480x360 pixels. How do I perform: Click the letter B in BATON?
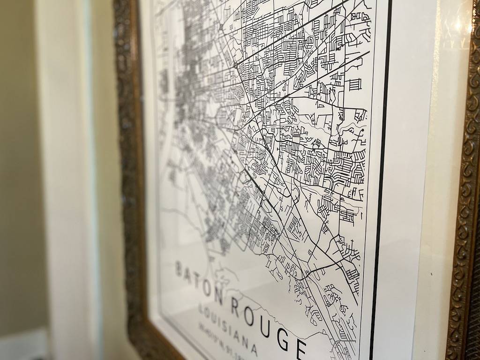click(x=179, y=269)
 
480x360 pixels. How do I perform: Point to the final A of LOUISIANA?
click(x=254, y=350)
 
